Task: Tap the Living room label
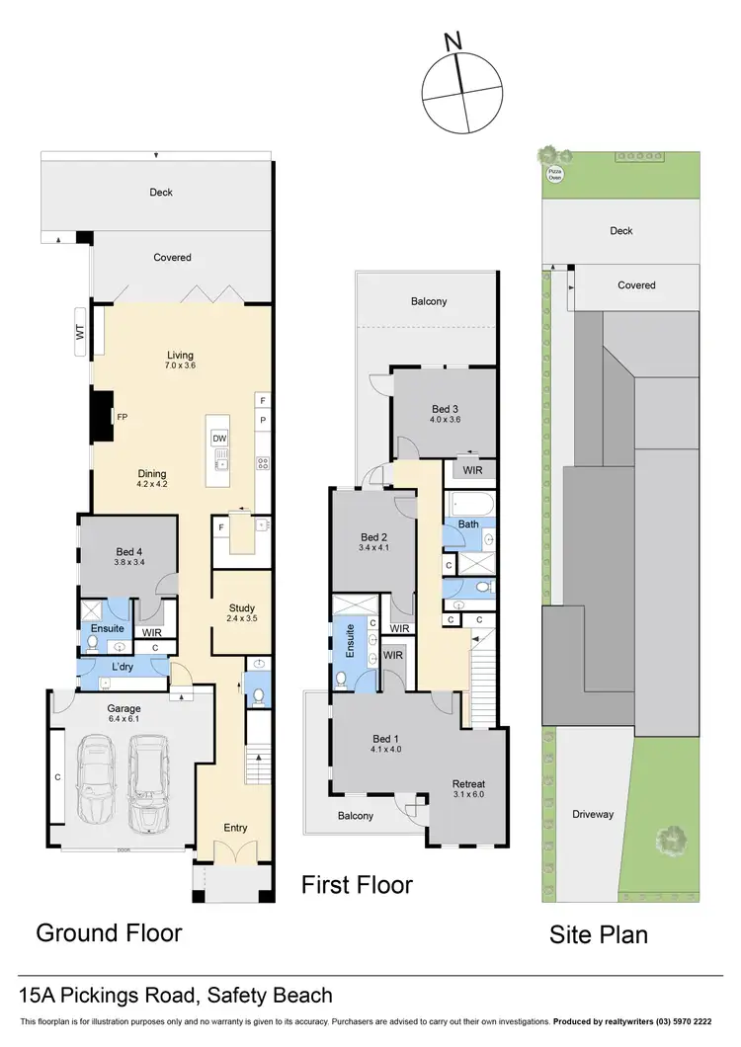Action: click(x=180, y=356)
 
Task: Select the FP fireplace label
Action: click(x=122, y=417)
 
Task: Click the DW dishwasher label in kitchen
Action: click(x=219, y=438)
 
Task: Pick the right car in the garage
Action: click(x=149, y=784)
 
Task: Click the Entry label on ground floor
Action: click(x=235, y=828)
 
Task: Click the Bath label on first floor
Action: click(x=468, y=524)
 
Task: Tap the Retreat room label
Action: click(x=469, y=784)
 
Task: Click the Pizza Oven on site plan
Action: click(x=555, y=173)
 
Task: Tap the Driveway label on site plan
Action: click(x=593, y=814)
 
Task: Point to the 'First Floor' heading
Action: click(x=357, y=884)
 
